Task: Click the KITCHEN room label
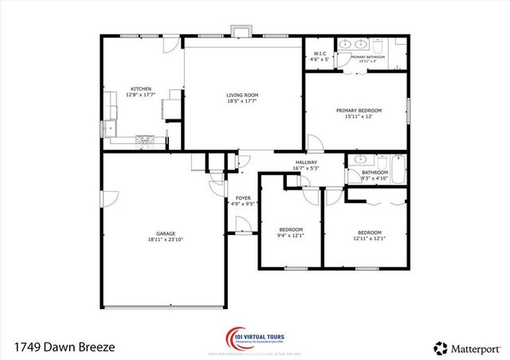(x=141, y=89)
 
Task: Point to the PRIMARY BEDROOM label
(x=358, y=110)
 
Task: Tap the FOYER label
(x=242, y=198)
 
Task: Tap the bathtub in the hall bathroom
(x=399, y=168)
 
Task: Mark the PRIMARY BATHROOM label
(x=369, y=57)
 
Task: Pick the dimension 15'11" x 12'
(x=358, y=116)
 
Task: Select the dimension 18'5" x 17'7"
(x=242, y=101)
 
